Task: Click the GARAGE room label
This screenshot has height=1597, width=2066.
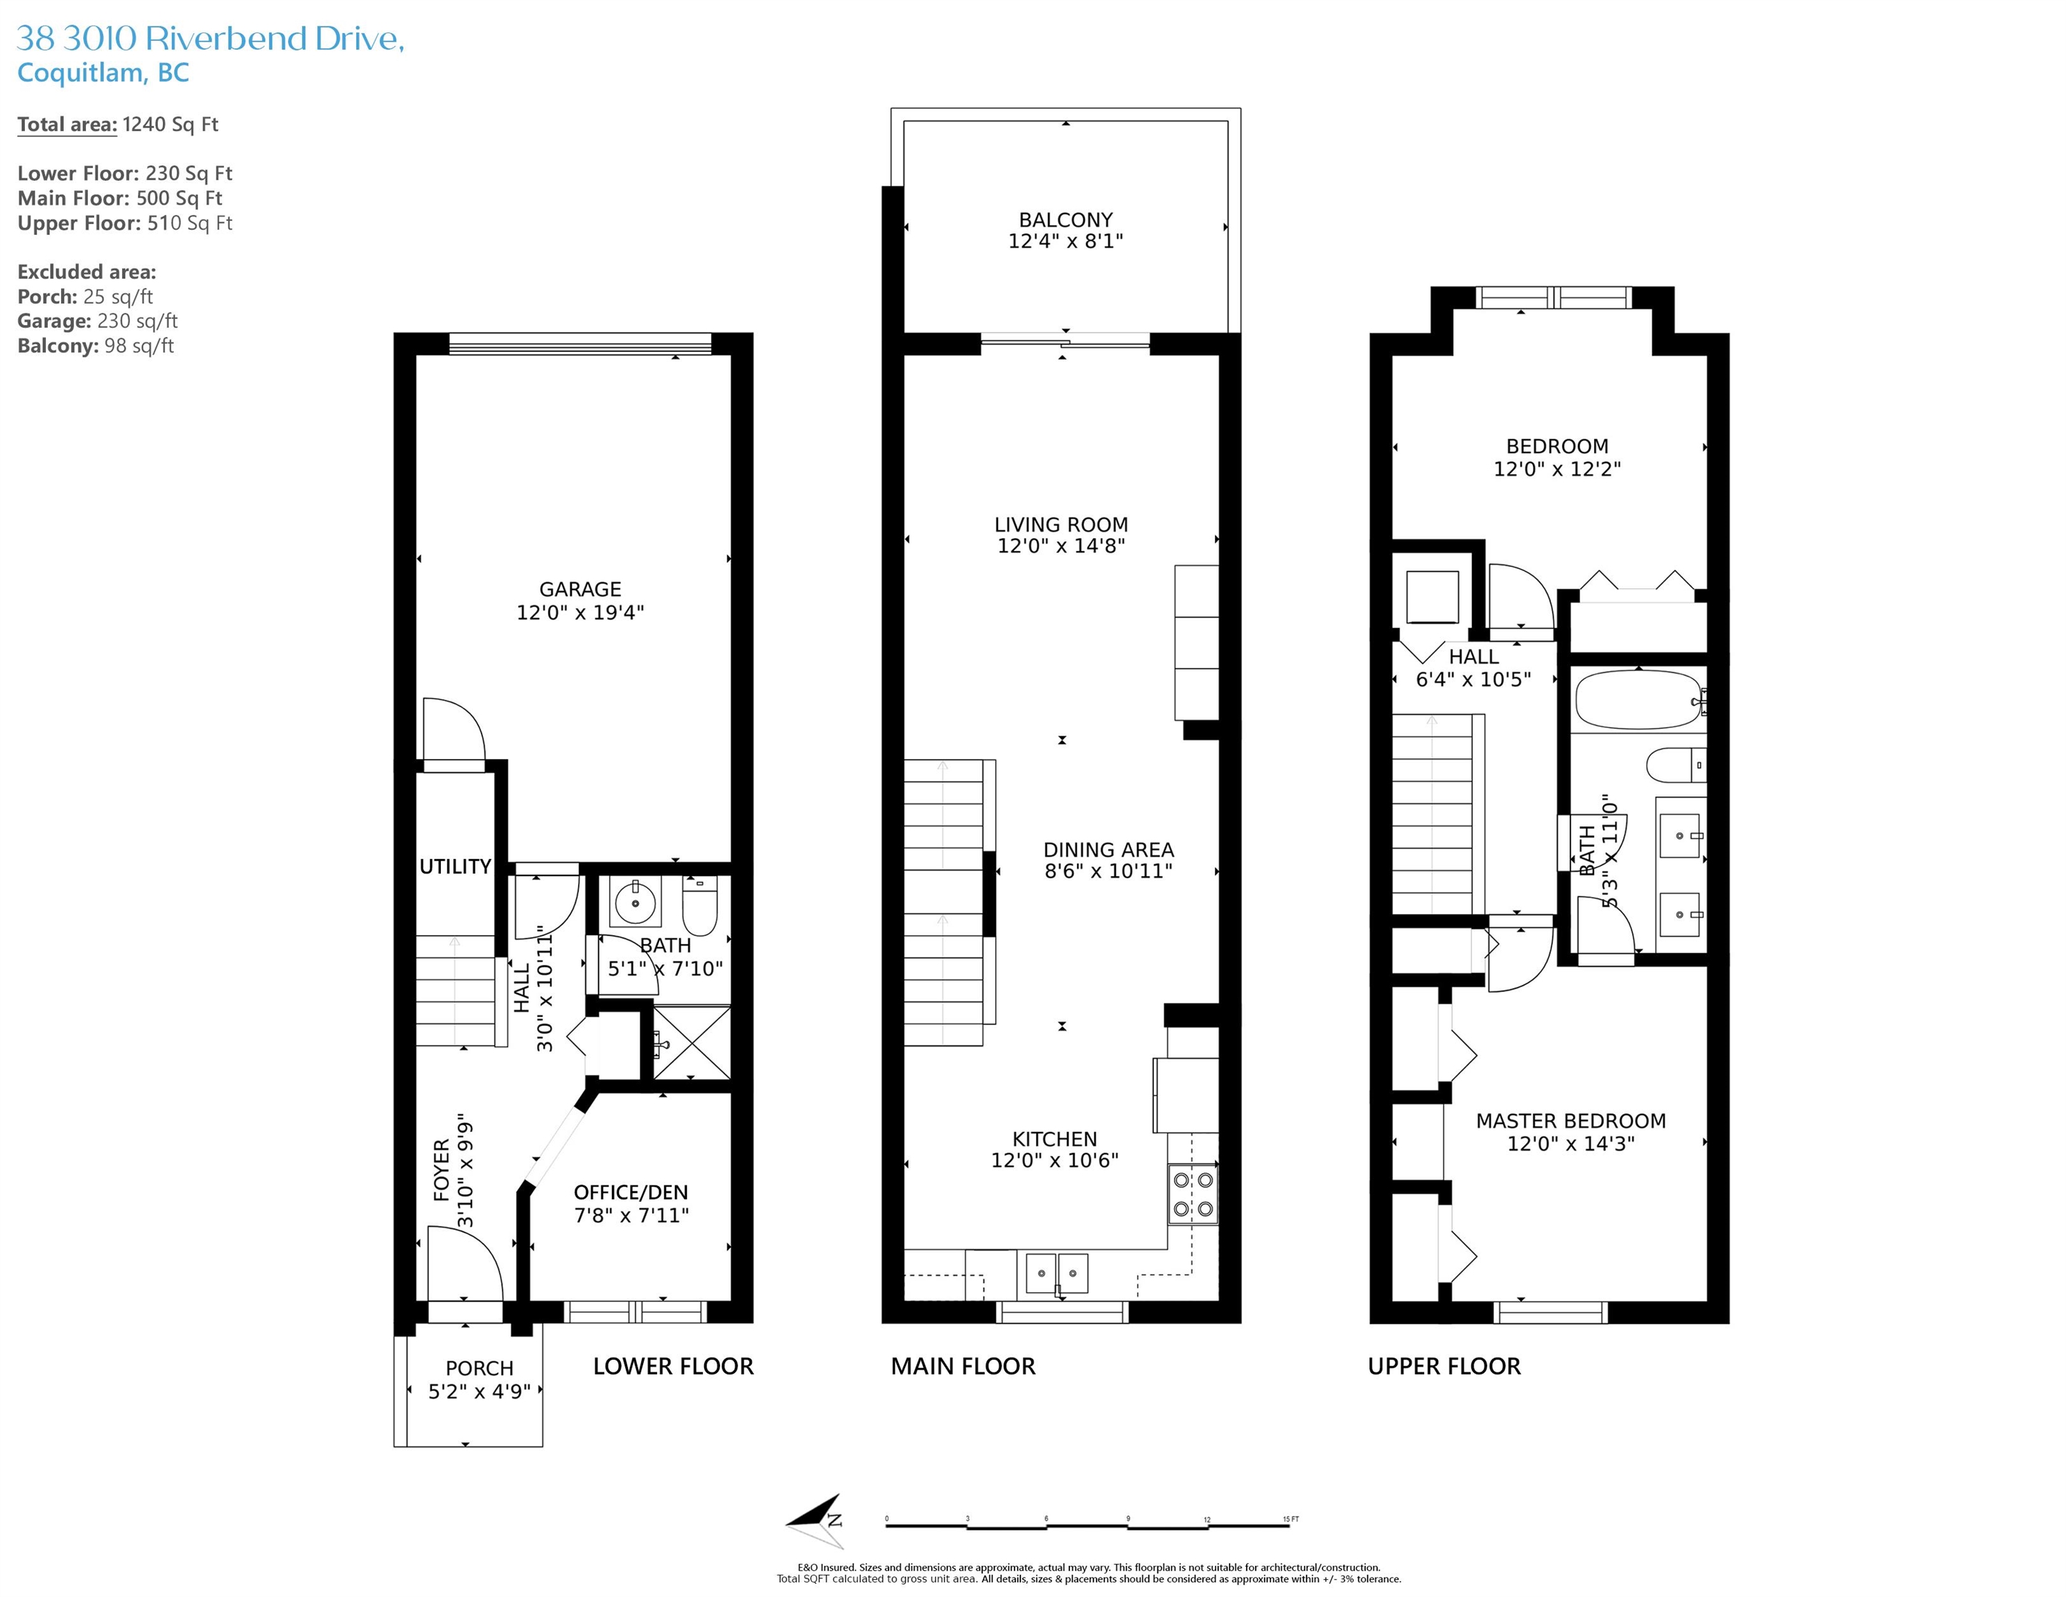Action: pyautogui.click(x=580, y=589)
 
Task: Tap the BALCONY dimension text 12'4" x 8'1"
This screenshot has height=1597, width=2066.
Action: pyautogui.click(x=1065, y=241)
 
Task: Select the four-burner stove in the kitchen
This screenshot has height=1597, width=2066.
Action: pyautogui.click(x=1193, y=1194)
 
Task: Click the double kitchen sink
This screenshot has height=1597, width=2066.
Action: pyautogui.click(x=1058, y=1273)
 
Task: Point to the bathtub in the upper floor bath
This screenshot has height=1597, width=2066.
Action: pyautogui.click(x=1638, y=699)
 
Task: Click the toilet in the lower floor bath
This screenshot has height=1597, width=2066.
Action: pyautogui.click(x=701, y=905)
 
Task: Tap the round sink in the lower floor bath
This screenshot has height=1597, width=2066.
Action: pyautogui.click(x=635, y=904)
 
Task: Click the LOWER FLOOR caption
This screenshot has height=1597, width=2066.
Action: pyautogui.click(x=674, y=1366)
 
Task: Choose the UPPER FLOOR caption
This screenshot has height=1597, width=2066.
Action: pyautogui.click(x=1444, y=1366)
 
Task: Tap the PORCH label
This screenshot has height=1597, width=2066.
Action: pyautogui.click(x=480, y=1369)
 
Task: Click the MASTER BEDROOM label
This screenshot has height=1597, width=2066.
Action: pyautogui.click(x=1571, y=1121)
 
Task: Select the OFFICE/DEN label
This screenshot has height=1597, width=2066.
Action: pyautogui.click(x=631, y=1193)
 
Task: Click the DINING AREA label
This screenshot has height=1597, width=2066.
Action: pyautogui.click(x=1109, y=850)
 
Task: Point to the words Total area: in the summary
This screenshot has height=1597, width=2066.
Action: pyautogui.click(x=67, y=125)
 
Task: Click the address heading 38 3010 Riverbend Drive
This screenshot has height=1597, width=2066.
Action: pyautogui.click(x=211, y=39)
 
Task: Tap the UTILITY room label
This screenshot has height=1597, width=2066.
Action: pyautogui.click(x=455, y=866)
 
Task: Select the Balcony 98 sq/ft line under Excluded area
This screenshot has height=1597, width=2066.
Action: pyautogui.click(x=96, y=347)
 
